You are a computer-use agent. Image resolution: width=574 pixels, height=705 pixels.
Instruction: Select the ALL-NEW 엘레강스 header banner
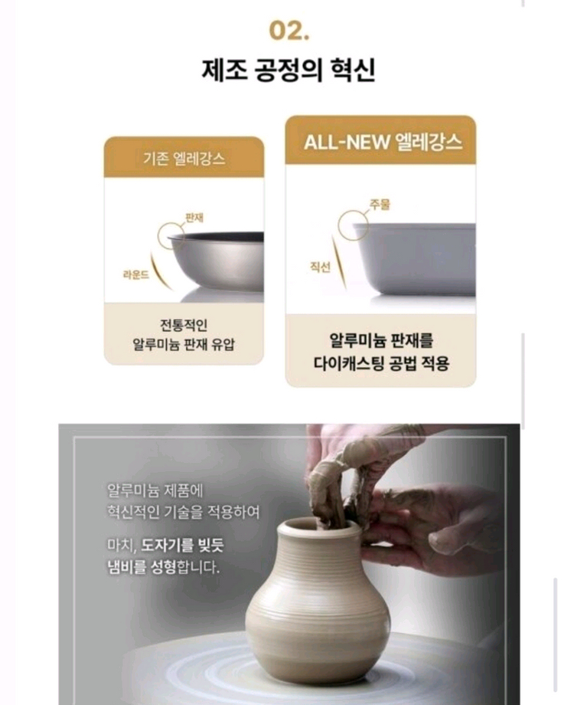pyautogui.click(x=380, y=143)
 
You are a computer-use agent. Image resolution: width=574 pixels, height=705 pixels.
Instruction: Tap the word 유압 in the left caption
pyautogui.click(x=223, y=344)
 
